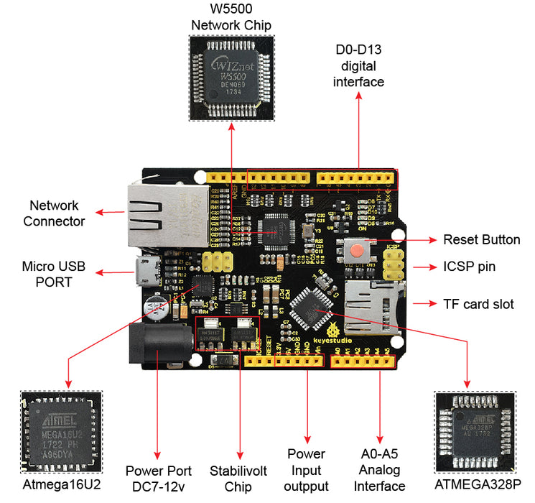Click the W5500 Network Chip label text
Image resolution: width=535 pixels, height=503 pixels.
(231, 18)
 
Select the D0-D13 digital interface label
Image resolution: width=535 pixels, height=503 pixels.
(359, 65)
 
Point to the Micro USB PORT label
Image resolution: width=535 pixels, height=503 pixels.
(53, 274)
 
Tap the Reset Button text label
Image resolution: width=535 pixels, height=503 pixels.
(481, 240)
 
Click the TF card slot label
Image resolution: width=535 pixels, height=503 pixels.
(478, 304)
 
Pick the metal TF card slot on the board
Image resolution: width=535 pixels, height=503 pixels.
(373, 302)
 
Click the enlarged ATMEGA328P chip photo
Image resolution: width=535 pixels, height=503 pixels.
(475, 431)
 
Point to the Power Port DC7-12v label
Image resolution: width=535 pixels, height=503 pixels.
(158, 479)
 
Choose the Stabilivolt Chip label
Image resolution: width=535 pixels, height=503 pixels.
(238, 479)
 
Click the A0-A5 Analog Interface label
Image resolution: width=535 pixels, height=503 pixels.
(381, 470)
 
